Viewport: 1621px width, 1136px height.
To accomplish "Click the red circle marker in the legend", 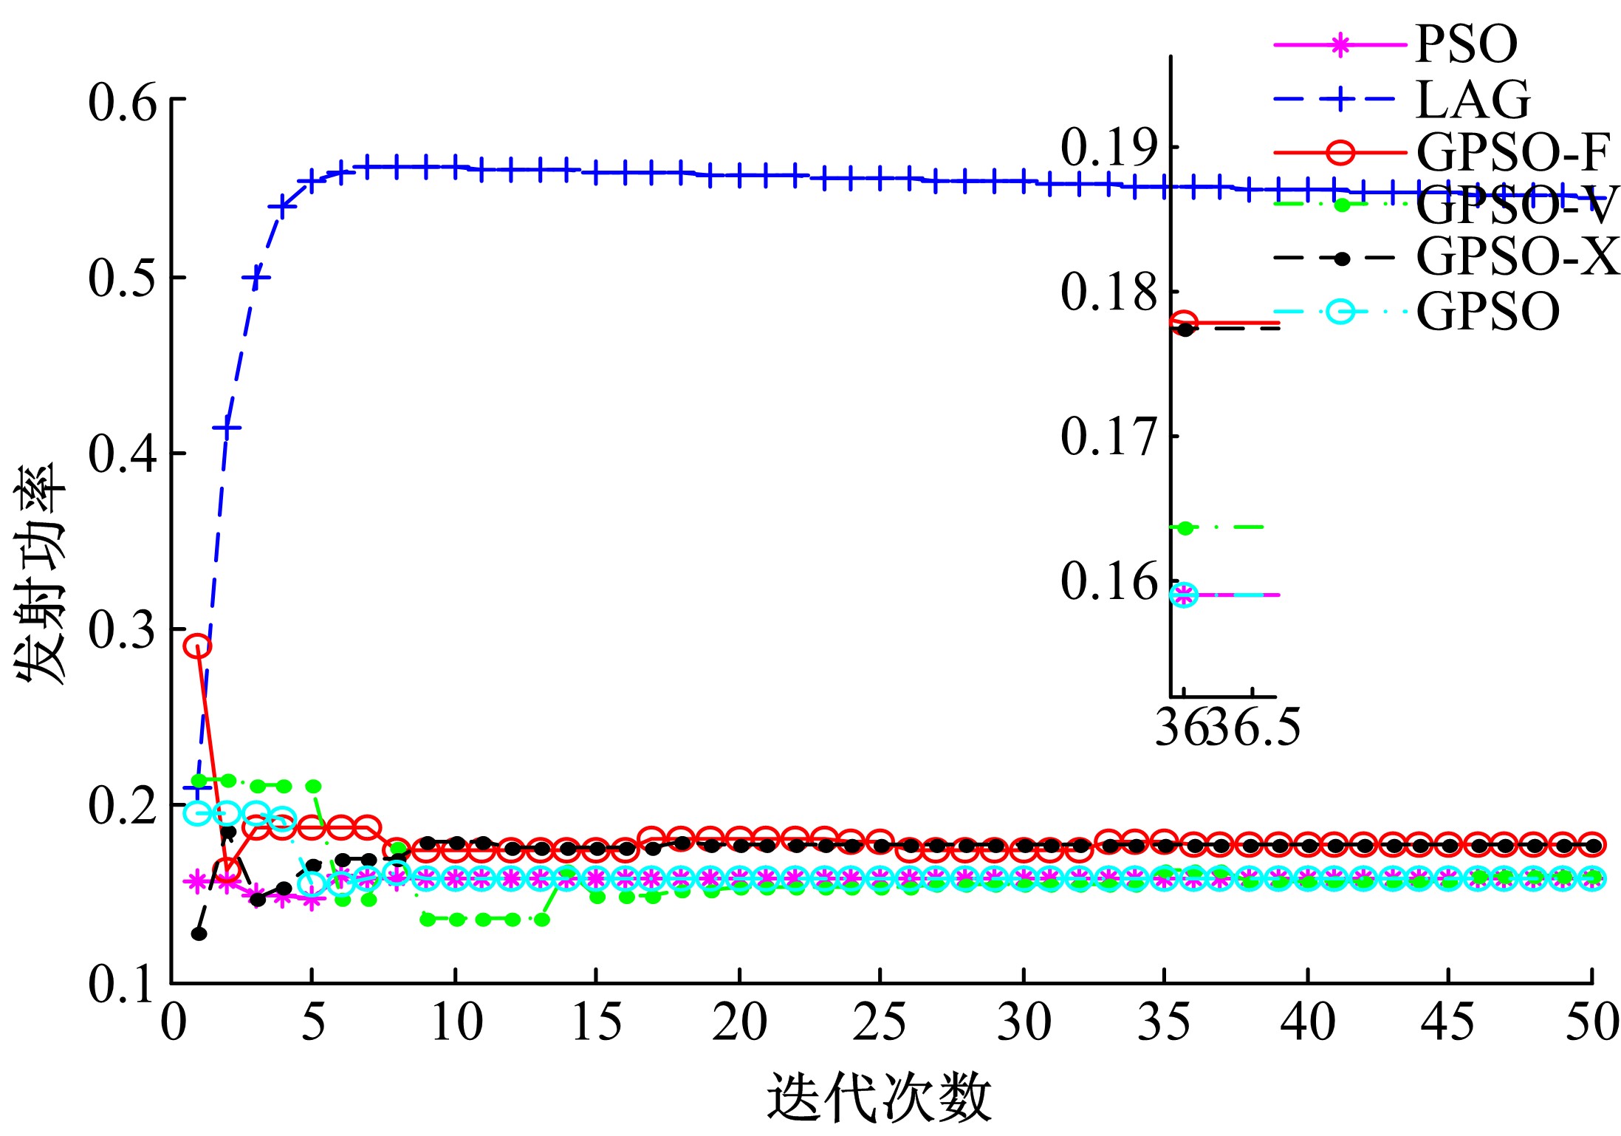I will [x=1340, y=153].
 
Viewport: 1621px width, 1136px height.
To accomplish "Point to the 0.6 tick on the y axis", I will [x=123, y=102].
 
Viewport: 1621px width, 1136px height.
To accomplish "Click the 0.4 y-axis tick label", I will [x=123, y=454].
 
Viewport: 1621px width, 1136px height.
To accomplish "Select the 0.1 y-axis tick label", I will [x=123, y=984].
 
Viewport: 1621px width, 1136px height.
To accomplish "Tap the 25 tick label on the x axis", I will [x=880, y=1024].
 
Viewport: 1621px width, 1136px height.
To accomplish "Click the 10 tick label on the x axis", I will [x=456, y=1024].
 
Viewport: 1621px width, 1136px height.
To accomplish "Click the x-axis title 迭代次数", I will [x=879, y=1098].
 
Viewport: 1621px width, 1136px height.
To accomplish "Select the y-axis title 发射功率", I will [x=41, y=575].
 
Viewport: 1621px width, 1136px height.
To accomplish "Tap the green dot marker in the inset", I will [x=1185, y=527].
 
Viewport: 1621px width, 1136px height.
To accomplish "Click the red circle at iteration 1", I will [x=197, y=646].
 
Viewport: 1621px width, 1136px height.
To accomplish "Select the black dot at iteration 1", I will [x=199, y=934].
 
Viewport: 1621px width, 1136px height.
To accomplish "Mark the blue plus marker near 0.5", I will [x=256, y=278].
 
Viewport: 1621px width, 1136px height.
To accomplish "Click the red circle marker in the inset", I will [x=1184, y=322].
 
